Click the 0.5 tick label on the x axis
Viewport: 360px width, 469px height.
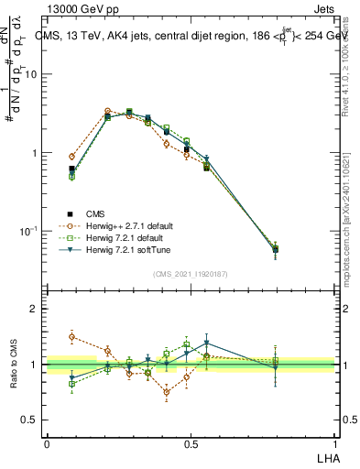(x=191, y=443)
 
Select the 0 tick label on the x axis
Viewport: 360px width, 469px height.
(x=47, y=443)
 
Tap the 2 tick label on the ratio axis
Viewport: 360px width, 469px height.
(x=34, y=310)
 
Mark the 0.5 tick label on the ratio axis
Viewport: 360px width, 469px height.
(x=30, y=420)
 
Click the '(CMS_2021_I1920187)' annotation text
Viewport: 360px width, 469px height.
(x=190, y=273)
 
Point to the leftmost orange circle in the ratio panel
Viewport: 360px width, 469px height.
(x=72, y=336)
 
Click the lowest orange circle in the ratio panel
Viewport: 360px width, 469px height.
(x=167, y=392)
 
